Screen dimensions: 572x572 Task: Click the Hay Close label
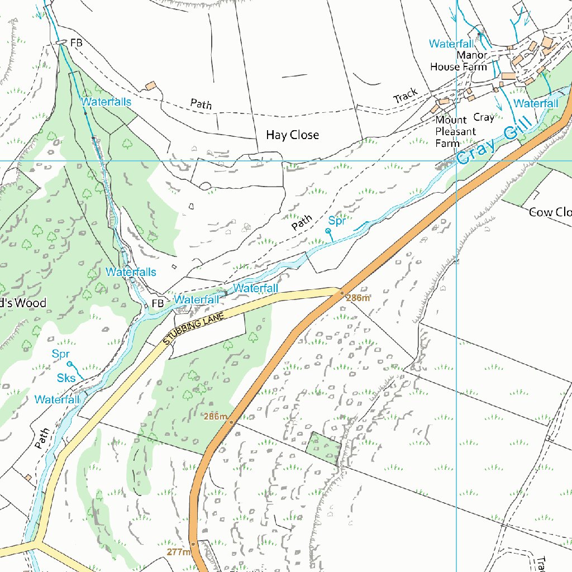click(x=292, y=135)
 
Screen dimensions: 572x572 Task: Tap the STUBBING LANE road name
click(x=194, y=328)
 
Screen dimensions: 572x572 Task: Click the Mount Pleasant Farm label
click(x=455, y=131)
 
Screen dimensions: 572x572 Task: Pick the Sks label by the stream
click(x=66, y=378)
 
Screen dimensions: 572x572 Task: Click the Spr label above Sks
click(x=60, y=354)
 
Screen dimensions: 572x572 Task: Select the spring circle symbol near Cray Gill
click(x=328, y=231)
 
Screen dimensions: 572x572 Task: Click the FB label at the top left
click(x=76, y=42)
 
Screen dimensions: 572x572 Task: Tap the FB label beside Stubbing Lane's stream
click(x=158, y=303)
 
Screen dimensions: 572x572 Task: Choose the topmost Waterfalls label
click(x=106, y=102)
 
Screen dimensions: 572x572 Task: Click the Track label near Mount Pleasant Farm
click(x=406, y=96)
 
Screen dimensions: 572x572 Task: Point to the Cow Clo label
click(x=550, y=212)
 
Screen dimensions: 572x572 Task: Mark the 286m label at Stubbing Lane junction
click(x=358, y=298)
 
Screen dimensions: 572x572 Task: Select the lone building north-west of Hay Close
click(x=150, y=85)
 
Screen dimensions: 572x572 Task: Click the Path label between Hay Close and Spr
click(x=301, y=223)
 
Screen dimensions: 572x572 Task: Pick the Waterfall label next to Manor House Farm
click(x=451, y=44)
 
